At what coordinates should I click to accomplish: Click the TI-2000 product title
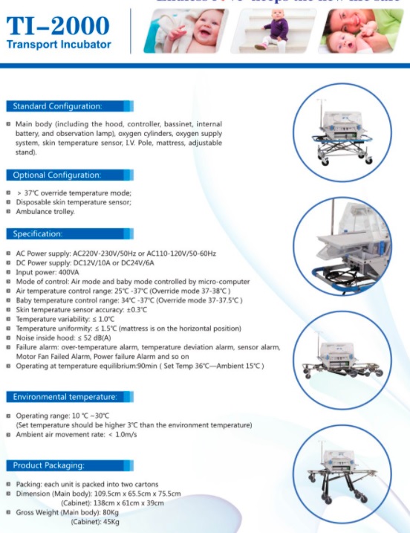pos(58,27)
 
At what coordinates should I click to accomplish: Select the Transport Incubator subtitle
pos(59,45)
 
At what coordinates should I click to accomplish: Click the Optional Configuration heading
pos(56,175)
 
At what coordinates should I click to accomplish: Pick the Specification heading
pos(38,234)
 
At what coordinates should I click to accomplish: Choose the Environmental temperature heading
pos(65,397)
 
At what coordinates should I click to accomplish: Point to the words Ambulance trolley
pos(45,211)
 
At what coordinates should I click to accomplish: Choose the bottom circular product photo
pos(343,474)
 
